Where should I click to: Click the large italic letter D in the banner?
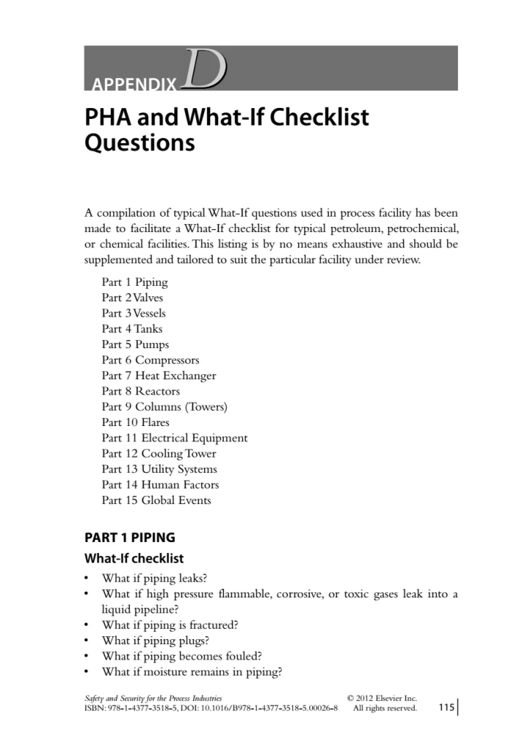[x=206, y=70]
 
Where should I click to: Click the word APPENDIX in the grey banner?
[x=135, y=85]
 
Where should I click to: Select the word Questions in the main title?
[x=140, y=142]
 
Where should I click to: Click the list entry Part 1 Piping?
[x=135, y=282]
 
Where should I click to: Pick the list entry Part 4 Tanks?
[x=132, y=329]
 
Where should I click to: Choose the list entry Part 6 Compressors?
[x=150, y=360]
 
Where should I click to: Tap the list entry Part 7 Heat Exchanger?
[x=159, y=376]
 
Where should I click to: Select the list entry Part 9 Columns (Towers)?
[x=165, y=407]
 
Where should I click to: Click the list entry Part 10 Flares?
[x=136, y=422]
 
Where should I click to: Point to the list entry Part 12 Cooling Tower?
[x=160, y=454]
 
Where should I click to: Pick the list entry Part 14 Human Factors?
[x=160, y=485]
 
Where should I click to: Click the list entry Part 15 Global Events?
[x=156, y=500]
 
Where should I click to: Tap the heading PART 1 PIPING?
[x=130, y=538]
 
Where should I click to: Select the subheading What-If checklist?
[x=134, y=560]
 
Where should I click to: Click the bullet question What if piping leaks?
[x=155, y=578]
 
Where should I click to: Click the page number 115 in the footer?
[x=446, y=708]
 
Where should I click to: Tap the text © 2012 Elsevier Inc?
[x=382, y=698]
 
